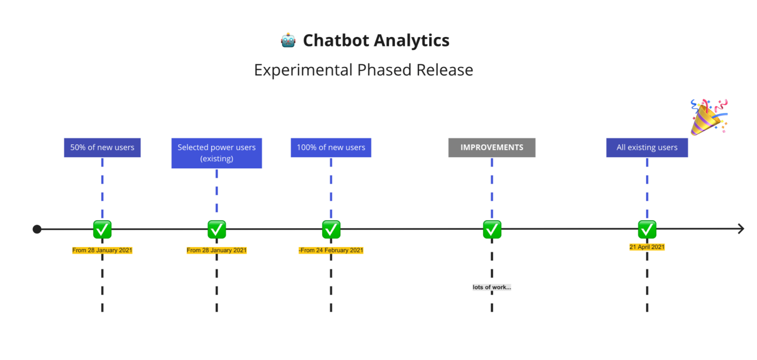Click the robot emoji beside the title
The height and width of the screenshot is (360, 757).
click(288, 40)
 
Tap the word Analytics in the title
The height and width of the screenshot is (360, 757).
click(412, 40)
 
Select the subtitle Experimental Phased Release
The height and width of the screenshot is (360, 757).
click(363, 70)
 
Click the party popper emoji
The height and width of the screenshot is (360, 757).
click(709, 117)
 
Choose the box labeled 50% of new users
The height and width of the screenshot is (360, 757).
click(102, 147)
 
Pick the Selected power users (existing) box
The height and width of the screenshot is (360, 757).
click(217, 153)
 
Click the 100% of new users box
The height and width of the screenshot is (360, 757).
click(331, 147)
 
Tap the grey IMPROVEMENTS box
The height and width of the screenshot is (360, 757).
click(492, 147)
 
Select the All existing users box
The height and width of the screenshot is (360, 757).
click(647, 147)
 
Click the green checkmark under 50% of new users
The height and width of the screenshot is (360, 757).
click(102, 230)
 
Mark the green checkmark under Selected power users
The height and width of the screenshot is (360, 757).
click(217, 230)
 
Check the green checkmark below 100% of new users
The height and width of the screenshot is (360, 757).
click(331, 230)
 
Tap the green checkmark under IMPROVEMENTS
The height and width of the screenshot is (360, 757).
click(492, 230)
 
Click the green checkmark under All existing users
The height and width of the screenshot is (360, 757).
click(647, 230)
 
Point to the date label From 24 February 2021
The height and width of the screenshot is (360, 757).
click(331, 250)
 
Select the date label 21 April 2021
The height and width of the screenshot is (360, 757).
click(647, 247)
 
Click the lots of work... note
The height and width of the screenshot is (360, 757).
click(492, 287)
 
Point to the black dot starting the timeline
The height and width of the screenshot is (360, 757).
click(37, 229)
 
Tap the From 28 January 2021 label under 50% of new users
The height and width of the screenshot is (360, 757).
click(102, 250)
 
